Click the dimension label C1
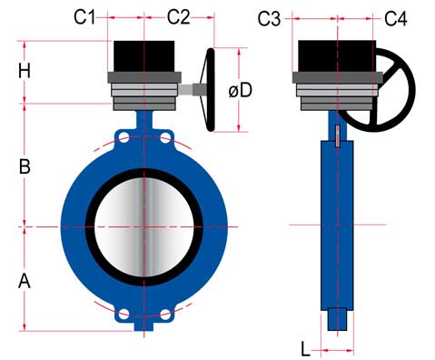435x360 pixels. pyautogui.click(x=84, y=17)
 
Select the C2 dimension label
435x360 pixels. pyautogui.click(x=179, y=17)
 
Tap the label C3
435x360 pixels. pyautogui.click(x=269, y=19)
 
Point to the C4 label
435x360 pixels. pyautogui.click(x=396, y=18)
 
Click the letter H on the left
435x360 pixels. pyautogui.click(x=25, y=71)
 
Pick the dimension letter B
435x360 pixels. pyautogui.click(x=25, y=166)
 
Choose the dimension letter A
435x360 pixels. pyautogui.click(x=25, y=281)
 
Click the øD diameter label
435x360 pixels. pyautogui.click(x=241, y=90)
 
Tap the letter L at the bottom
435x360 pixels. pyautogui.click(x=306, y=348)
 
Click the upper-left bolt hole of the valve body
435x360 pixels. pyautogui.click(x=124, y=138)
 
